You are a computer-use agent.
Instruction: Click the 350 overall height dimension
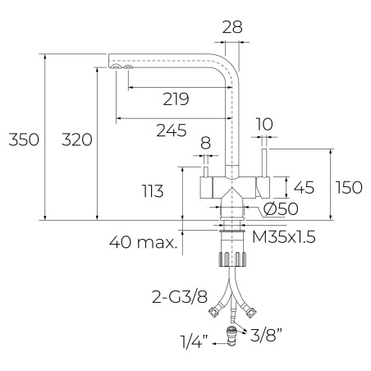pyautogui.click(x=24, y=140)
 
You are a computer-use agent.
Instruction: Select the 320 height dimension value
pyautogui.click(x=77, y=140)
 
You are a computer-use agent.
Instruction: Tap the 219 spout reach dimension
pyautogui.click(x=176, y=99)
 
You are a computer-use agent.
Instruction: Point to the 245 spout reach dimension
pyautogui.click(x=172, y=131)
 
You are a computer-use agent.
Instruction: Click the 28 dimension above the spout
pyautogui.click(x=232, y=27)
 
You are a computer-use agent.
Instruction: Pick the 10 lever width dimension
pyautogui.click(x=264, y=124)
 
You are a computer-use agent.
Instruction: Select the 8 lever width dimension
pyautogui.click(x=206, y=143)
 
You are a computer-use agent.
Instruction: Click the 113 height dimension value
pyautogui.click(x=153, y=190)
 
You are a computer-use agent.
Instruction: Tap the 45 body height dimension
pyautogui.click(x=304, y=187)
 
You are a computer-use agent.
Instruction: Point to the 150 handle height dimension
pyautogui.click(x=349, y=187)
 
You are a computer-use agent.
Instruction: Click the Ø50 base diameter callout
pyautogui.click(x=281, y=209)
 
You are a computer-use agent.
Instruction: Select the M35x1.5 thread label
pyautogui.click(x=284, y=237)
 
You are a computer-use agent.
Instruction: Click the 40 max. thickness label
pyautogui.click(x=144, y=242)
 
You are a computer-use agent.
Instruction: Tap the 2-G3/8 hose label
pyautogui.click(x=180, y=297)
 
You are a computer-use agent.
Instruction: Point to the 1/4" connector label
pyautogui.click(x=195, y=341)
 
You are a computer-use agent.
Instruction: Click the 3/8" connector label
pyautogui.click(x=266, y=335)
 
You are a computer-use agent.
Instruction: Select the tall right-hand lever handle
pyautogui.click(x=265, y=163)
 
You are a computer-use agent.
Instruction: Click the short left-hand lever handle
pyautogui.click(x=206, y=172)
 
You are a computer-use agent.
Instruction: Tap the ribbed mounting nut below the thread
pyautogui.click(x=232, y=259)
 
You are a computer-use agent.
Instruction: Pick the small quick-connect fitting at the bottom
pyautogui.click(x=231, y=337)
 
